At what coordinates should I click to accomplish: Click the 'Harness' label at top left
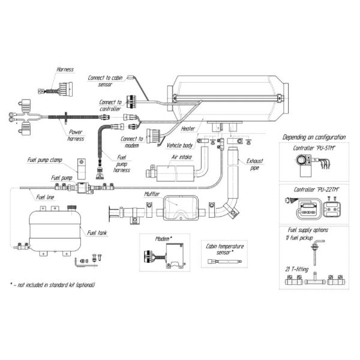[x=65, y=70]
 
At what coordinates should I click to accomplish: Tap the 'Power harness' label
[x=76, y=136]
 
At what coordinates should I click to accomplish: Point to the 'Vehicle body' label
[x=179, y=146]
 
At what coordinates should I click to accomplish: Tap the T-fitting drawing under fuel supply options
[x=316, y=279]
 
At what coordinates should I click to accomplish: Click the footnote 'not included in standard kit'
[x=53, y=284]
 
